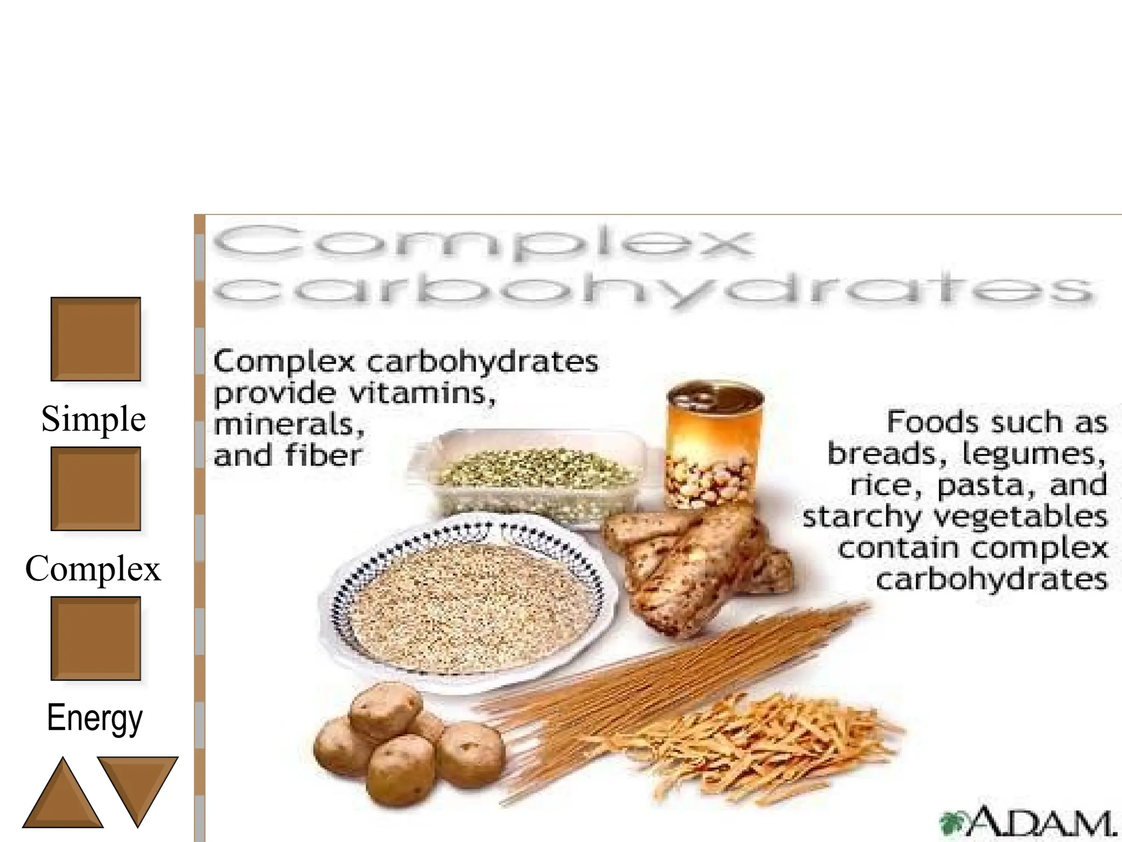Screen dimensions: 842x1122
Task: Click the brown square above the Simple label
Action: pyautogui.click(x=95, y=339)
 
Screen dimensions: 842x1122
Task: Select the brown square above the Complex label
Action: pyautogui.click(x=95, y=488)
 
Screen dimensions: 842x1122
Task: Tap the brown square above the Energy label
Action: pyautogui.click(x=95, y=638)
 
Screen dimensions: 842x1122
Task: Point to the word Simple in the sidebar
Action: pyautogui.click(x=94, y=419)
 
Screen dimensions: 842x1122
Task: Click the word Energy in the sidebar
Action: pyautogui.click(x=95, y=718)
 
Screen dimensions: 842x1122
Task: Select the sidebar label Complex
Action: pyautogui.click(x=93, y=568)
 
